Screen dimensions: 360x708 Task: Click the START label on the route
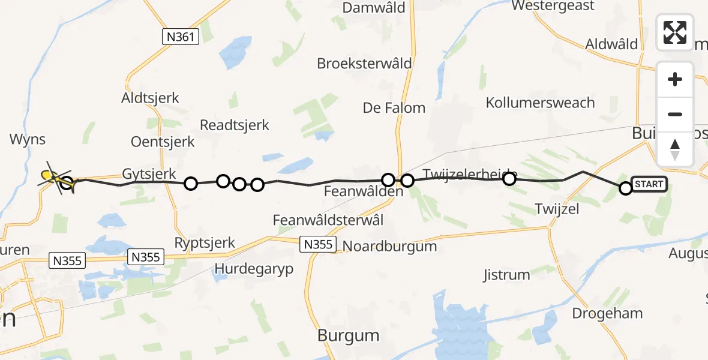coord(649,185)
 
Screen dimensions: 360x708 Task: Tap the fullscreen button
coord(675,32)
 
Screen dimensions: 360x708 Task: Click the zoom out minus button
coord(675,114)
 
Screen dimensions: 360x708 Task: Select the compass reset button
coord(675,149)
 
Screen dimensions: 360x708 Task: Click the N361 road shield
coord(180,37)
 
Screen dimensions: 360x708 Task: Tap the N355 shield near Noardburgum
coord(317,244)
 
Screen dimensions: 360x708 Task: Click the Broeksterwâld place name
coord(364,64)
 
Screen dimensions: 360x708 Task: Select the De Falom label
coord(394,108)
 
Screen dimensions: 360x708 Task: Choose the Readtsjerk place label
coord(235,125)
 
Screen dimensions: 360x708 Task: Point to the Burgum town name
coord(349,335)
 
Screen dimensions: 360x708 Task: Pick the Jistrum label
coord(506,275)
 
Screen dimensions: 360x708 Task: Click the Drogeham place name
coord(607,313)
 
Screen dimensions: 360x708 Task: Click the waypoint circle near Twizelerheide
coord(509,178)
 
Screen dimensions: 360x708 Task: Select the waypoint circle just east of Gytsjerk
coord(190,184)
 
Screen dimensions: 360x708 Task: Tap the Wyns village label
coord(28,140)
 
